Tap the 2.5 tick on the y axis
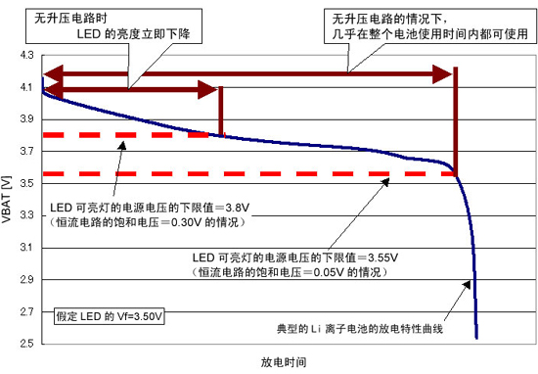point(25,344)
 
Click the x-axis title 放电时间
point(283,362)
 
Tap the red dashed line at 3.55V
point(245,174)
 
